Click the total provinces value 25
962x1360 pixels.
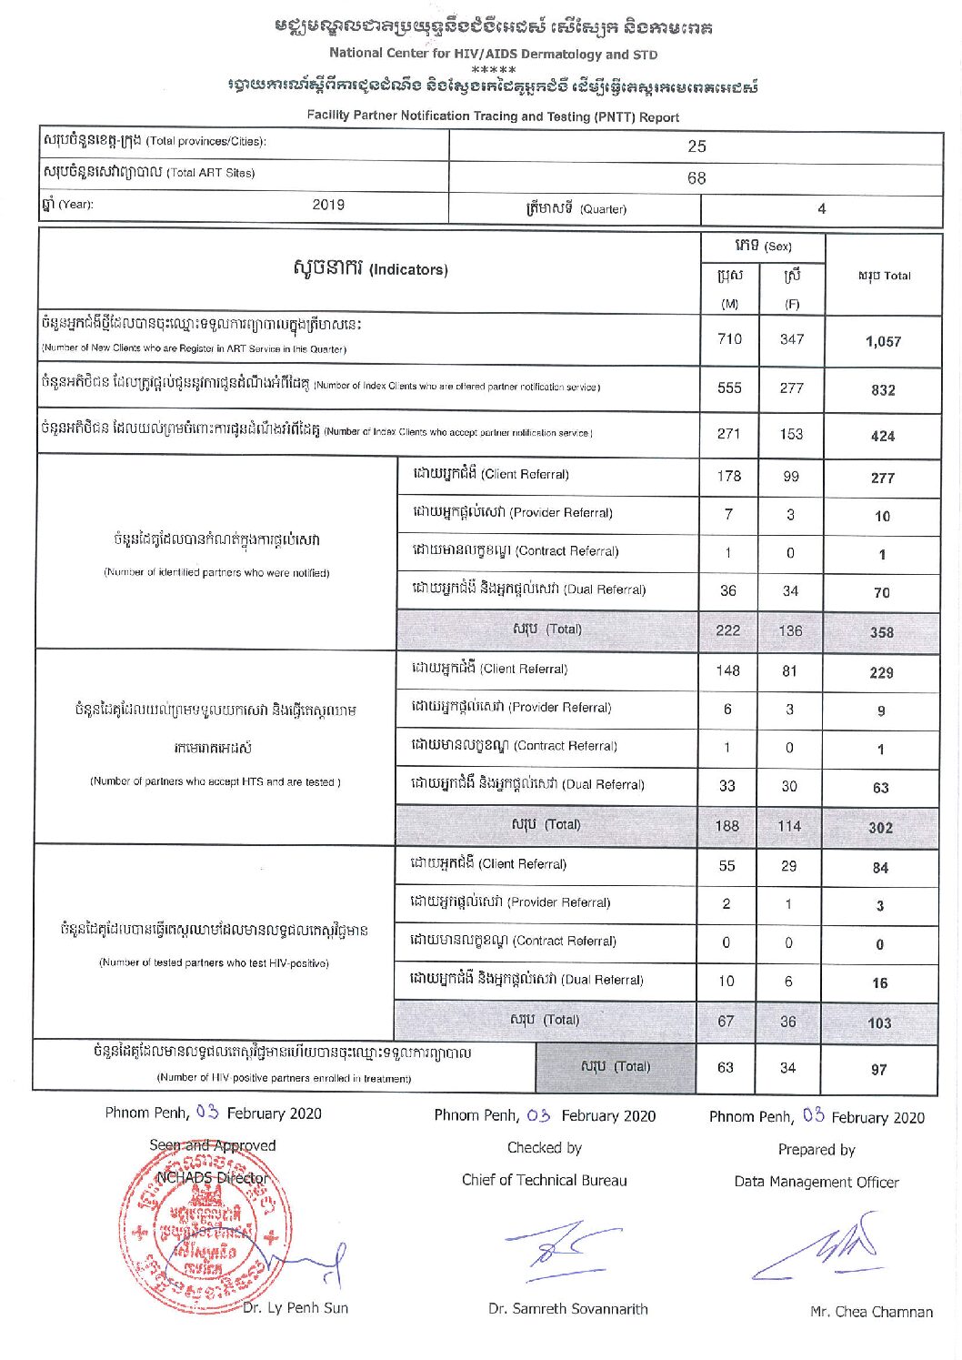[696, 146]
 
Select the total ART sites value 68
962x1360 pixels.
[696, 178]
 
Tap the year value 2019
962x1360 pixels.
[328, 205]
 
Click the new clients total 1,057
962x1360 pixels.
[883, 342]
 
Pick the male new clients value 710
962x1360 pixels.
[729, 339]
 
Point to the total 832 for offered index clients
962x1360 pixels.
[883, 390]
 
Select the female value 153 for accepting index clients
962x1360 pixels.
[791, 434]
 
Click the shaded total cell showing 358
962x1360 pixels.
[881, 632]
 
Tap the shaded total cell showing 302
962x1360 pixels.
[880, 828]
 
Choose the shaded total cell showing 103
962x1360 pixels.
[879, 1023]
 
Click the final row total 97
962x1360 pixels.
[878, 1070]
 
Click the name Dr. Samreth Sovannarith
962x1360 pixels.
[568, 1309]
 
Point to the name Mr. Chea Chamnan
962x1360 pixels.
[871, 1312]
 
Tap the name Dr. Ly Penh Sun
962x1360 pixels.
[296, 1308]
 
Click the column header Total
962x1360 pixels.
[884, 276]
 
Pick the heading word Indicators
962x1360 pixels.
[408, 270]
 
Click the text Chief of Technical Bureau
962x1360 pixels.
[544, 1181]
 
